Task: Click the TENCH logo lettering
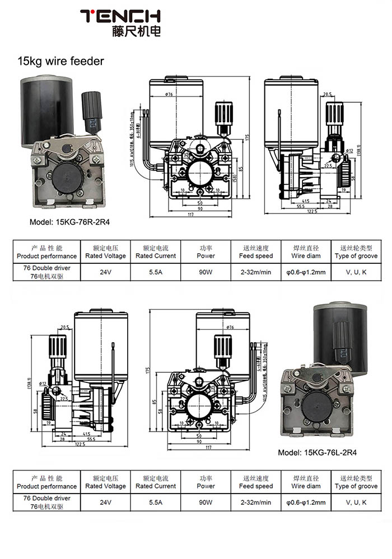click(x=120, y=17)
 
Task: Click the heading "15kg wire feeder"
click(x=61, y=61)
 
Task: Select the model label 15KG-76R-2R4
click(x=70, y=222)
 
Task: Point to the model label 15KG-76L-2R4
click(x=318, y=453)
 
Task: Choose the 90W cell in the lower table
click(x=206, y=502)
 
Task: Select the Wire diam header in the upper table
click(x=306, y=252)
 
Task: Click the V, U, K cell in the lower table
click(x=356, y=502)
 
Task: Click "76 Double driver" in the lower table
click(x=47, y=498)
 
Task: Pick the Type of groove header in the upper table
click(x=356, y=252)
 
